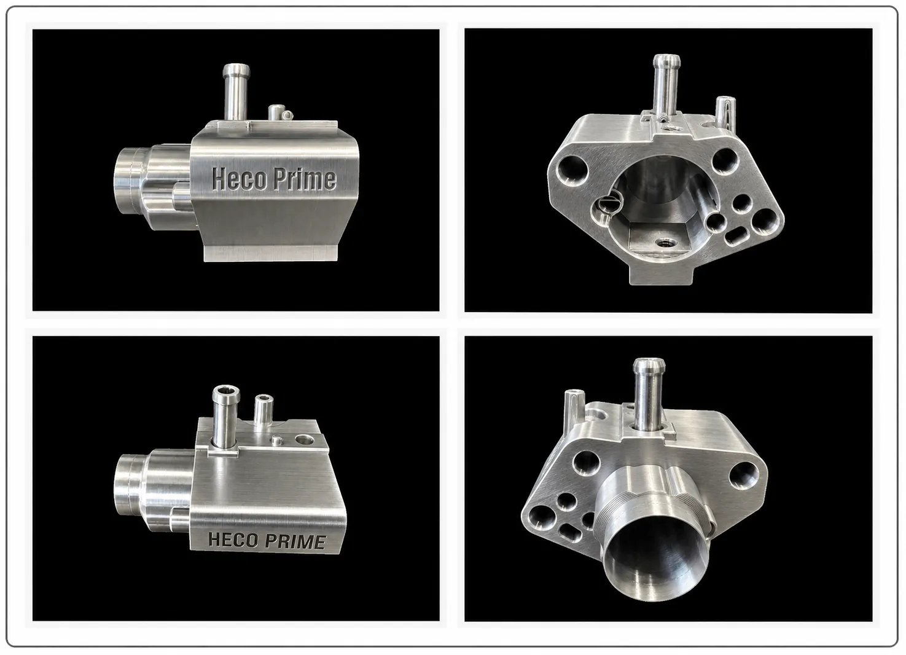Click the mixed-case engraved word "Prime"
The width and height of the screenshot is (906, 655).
[x=305, y=179]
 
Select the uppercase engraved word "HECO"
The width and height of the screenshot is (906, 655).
[x=232, y=539]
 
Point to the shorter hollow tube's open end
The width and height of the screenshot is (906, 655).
[x=264, y=398]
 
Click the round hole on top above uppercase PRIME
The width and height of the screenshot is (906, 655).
[x=305, y=439]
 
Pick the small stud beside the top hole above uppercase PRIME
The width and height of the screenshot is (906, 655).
[x=277, y=440]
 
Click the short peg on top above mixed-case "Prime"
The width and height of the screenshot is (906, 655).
[x=276, y=112]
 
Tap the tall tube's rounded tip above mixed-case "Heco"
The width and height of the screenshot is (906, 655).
[x=236, y=69]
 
